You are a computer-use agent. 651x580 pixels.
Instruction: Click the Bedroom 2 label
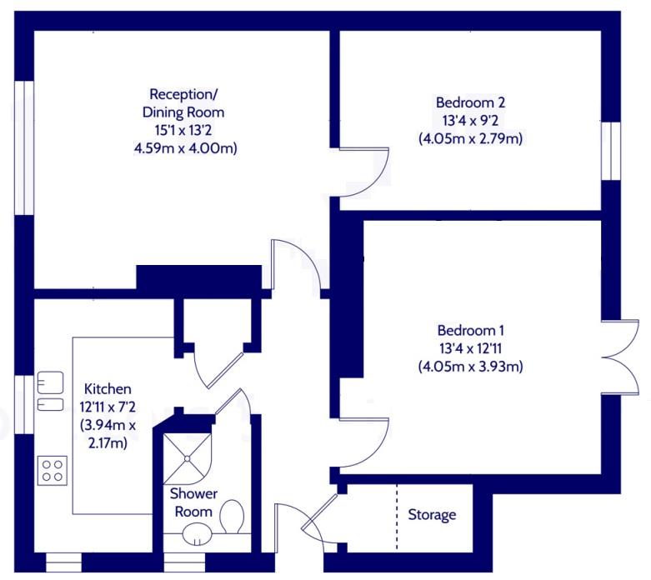470,102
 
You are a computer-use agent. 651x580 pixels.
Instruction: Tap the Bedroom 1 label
470,331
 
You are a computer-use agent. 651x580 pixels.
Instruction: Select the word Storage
432,515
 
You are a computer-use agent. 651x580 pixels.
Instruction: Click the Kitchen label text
108,389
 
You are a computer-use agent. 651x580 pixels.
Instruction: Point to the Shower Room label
193,502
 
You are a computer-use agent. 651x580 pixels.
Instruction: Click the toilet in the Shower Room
232,516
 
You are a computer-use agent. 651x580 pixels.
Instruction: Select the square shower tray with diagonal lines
188,459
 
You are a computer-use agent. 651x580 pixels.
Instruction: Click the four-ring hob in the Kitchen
53,471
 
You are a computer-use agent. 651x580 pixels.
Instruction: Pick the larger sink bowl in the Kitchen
50,382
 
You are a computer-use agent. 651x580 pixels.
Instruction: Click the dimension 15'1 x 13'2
183,130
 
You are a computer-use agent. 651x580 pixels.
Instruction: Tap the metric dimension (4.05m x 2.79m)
470,138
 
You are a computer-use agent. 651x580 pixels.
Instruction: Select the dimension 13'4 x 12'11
470,348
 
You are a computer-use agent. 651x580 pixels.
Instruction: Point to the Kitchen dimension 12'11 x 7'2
108,407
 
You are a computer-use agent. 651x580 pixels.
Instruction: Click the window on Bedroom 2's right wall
611,151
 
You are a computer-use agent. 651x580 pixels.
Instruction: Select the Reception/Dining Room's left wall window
24,147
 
